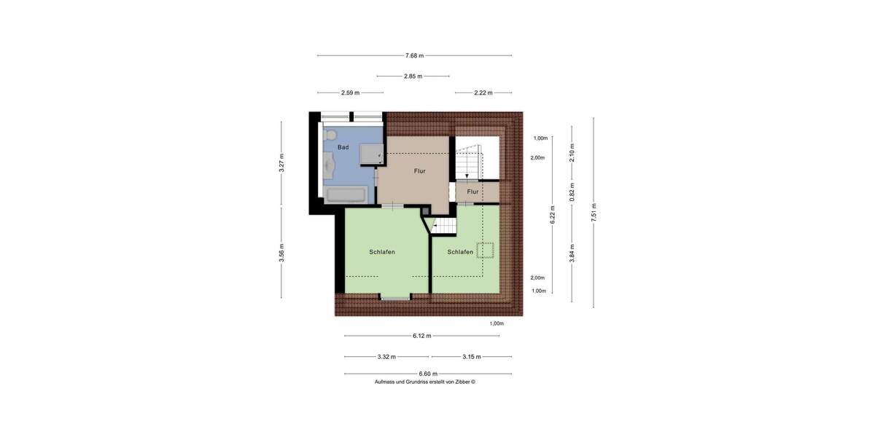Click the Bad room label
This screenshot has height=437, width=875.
point(343,147)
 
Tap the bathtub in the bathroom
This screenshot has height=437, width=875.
point(346,194)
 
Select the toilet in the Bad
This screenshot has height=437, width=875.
point(330,135)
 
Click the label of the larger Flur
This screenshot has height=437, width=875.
point(419,171)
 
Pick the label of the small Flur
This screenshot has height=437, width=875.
point(472,192)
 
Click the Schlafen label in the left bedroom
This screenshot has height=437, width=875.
point(382,252)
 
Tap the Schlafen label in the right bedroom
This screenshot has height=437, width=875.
point(460,252)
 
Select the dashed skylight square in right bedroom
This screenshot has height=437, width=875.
point(486,250)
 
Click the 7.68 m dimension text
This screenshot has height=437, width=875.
point(414,55)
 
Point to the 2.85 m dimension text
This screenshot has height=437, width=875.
point(413,76)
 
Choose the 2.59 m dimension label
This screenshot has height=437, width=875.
point(350,92)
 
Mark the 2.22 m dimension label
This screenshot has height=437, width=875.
point(483,92)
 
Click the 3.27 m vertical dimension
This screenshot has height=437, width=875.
point(281,162)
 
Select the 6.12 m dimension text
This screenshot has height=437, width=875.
point(421,336)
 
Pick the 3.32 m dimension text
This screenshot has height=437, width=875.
point(386,357)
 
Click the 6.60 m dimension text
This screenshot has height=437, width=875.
point(427,374)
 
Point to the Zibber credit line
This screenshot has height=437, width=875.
point(424,382)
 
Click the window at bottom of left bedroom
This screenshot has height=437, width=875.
point(394,297)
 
